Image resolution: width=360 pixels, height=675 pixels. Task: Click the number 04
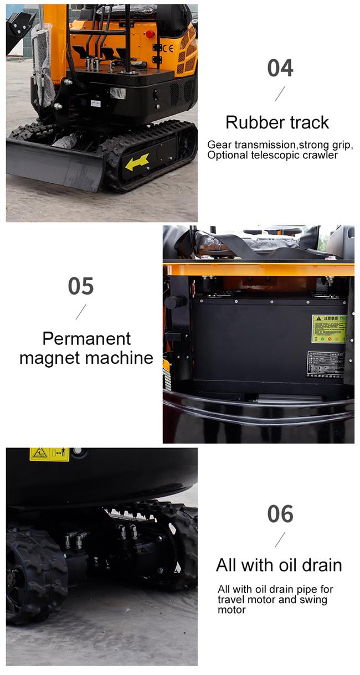(x=280, y=68)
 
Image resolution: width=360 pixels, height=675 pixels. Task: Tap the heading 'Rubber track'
(x=277, y=122)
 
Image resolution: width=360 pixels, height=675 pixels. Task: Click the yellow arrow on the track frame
(x=137, y=162)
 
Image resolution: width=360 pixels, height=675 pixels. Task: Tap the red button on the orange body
(x=150, y=34)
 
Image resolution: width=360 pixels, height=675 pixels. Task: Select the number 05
(x=81, y=286)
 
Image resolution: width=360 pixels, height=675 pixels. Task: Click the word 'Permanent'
(x=86, y=338)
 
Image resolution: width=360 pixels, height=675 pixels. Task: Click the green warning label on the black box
(x=328, y=329)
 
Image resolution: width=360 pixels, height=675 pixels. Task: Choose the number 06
(x=280, y=514)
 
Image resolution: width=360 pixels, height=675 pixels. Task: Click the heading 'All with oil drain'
(x=279, y=565)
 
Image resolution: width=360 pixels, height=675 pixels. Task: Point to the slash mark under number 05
(x=81, y=312)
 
